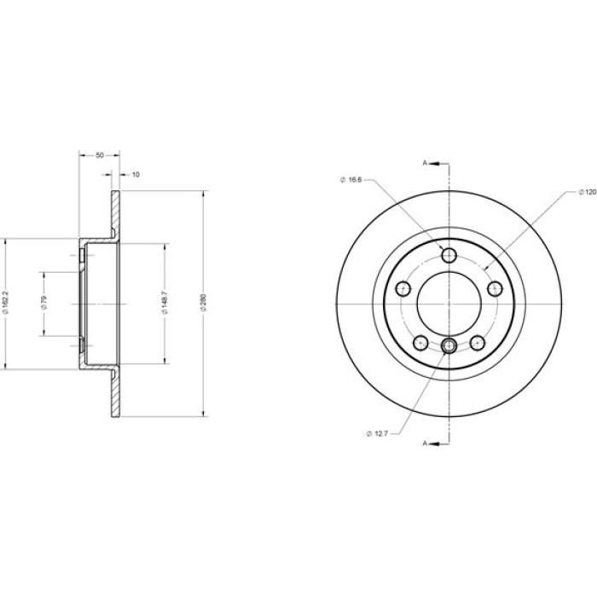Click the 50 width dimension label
[100, 155]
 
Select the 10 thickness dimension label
[136, 174]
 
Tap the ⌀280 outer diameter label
[203, 303]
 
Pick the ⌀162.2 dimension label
[5, 303]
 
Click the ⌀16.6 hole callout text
[351, 180]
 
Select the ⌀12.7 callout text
[377, 433]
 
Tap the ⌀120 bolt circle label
[588, 192]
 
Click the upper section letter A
[425, 164]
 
